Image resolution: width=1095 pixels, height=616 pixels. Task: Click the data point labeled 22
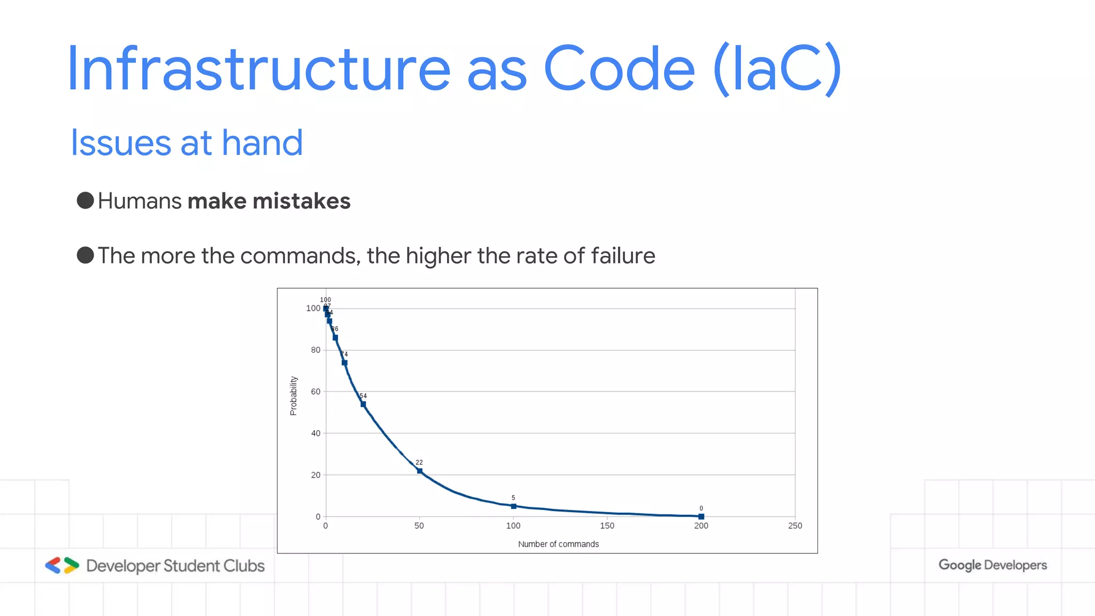point(420,471)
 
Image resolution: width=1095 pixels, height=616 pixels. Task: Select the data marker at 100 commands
point(514,506)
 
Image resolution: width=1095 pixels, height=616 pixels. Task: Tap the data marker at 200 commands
point(701,517)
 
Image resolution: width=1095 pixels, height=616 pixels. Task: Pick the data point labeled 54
point(363,404)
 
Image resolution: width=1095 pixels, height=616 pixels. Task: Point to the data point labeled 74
point(344,363)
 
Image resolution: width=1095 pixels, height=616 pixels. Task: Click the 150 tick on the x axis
point(607,526)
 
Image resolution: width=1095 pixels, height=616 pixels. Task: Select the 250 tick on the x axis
point(795,526)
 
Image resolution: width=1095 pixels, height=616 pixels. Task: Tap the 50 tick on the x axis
point(419,526)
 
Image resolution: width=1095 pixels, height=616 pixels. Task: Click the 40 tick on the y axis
point(315,433)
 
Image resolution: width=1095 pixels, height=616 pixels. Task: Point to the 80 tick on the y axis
point(315,350)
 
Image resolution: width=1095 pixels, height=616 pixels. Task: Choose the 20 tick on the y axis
point(315,475)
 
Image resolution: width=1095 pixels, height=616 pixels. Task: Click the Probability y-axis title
point(293,396)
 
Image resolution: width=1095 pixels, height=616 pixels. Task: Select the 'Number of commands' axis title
point(558,544)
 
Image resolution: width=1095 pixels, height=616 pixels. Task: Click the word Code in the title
point(619,70)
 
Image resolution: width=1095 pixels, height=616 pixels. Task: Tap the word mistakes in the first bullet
point(301,202)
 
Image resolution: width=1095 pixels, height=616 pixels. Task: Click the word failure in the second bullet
point(623,256)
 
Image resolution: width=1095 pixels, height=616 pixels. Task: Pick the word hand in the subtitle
point(262,143)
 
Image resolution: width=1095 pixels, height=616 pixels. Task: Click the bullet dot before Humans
point(86,201)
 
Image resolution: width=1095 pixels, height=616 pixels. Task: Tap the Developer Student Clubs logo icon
point(62,565)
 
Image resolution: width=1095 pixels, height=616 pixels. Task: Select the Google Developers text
point(992,565)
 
